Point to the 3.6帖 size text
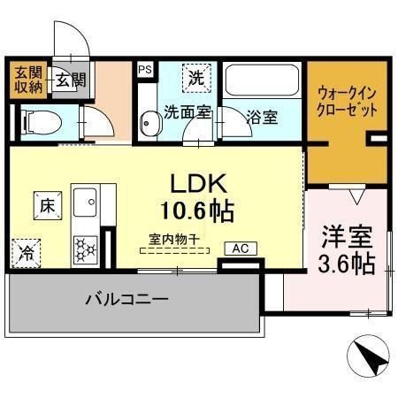345,263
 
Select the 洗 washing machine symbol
196,78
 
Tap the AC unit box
239,249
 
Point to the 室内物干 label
172,239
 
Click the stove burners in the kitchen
86,247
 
